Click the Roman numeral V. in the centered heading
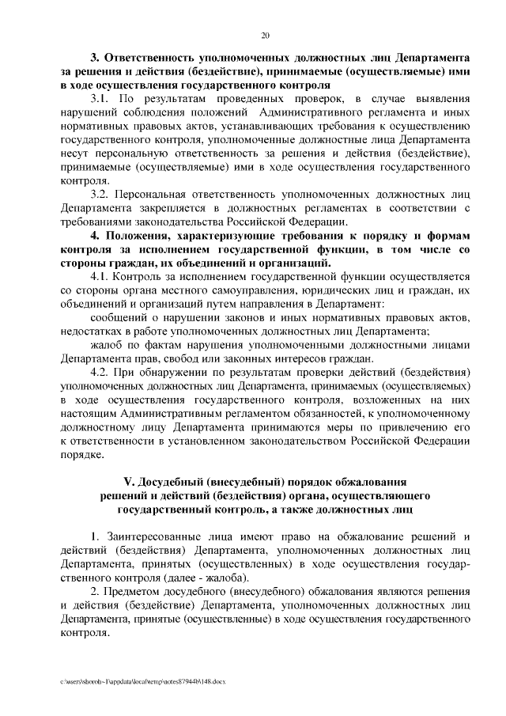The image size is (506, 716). coord(130,483)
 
